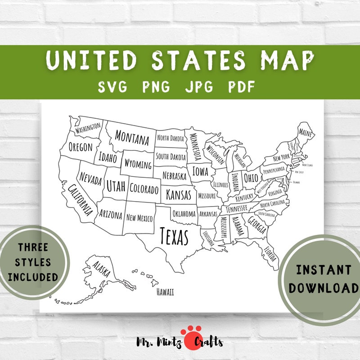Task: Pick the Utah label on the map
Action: coord(116,185)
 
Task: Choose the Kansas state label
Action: coord(179,195)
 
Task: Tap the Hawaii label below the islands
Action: coord(165,292)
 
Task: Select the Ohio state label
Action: coord(251,178)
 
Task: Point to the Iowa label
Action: coord(200,171)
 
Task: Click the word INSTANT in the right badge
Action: coord(324,270)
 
